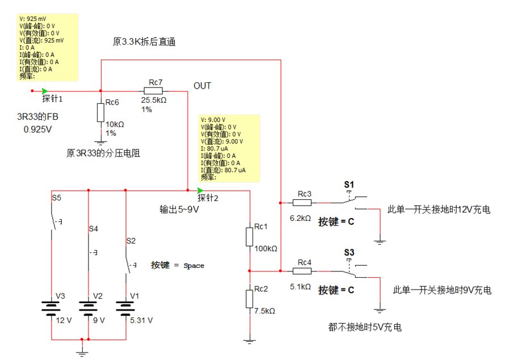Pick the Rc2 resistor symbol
[x=249, y=299]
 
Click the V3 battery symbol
[x=52, y=307]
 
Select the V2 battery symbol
[x=88, y=307]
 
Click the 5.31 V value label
[x=140, y=320]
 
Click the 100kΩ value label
[x=266, y=249]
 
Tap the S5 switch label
[x=57, y=199]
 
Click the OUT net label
[x=202, y=86]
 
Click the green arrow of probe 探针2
[x=200, y=190]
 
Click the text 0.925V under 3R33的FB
[x=37, y=129]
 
